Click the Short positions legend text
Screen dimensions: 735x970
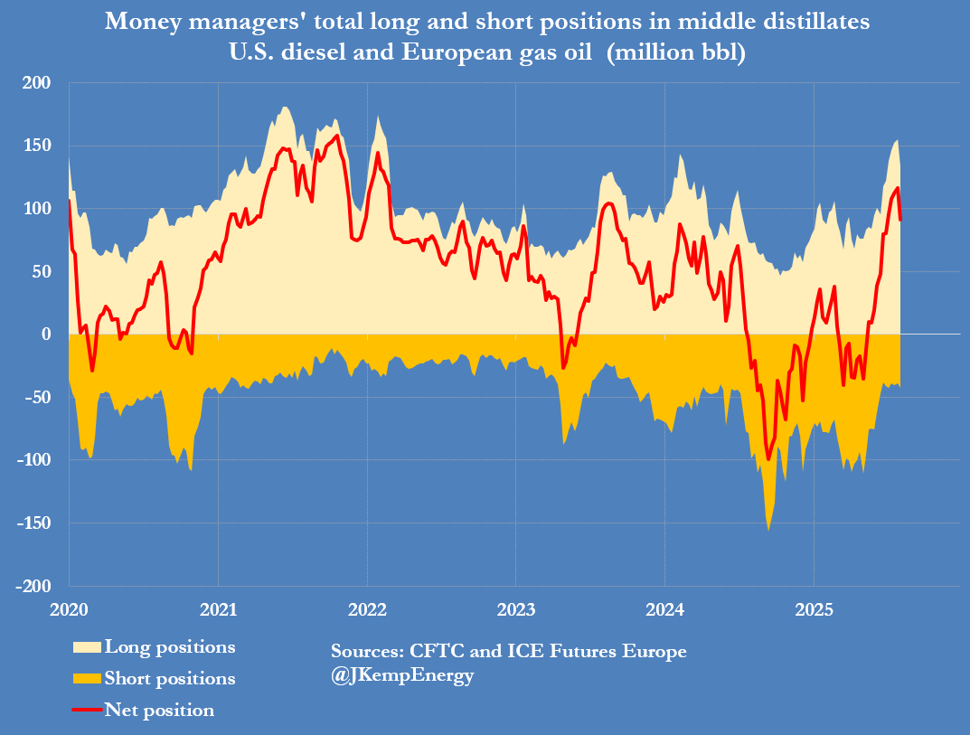170,678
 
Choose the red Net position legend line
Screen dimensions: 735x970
87,710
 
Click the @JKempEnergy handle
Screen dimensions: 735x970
402,676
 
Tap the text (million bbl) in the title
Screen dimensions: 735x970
676,53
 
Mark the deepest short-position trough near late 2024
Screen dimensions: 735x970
768,530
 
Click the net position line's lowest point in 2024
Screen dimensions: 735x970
768,459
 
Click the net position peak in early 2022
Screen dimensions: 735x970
378,153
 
